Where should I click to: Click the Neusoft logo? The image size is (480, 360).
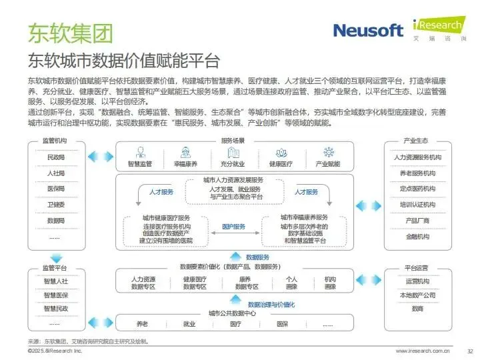(x=368, y=29)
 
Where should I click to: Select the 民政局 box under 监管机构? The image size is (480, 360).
(x=56, y=157)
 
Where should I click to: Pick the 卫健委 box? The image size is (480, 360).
(x=56, y=205)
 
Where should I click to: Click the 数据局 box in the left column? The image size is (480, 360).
(x=56, y=221)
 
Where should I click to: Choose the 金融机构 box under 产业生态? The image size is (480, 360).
(x=417, y=237)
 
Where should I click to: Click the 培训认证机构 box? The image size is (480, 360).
(x=417, y=205)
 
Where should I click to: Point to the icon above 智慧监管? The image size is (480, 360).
(x=140, y=152)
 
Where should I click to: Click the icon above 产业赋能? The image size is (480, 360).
(x=327, y=152)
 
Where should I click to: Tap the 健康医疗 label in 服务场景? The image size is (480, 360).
(x=281, y=164)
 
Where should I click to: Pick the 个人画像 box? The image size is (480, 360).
(x=291, y=283)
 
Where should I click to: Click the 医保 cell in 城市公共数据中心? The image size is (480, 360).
(x=282, y=325)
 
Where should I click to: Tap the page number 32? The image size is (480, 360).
(x=469, y=351)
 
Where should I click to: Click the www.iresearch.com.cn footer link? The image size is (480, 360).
(x=423, y=351)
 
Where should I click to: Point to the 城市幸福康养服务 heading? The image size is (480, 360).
(x=304, y=217)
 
